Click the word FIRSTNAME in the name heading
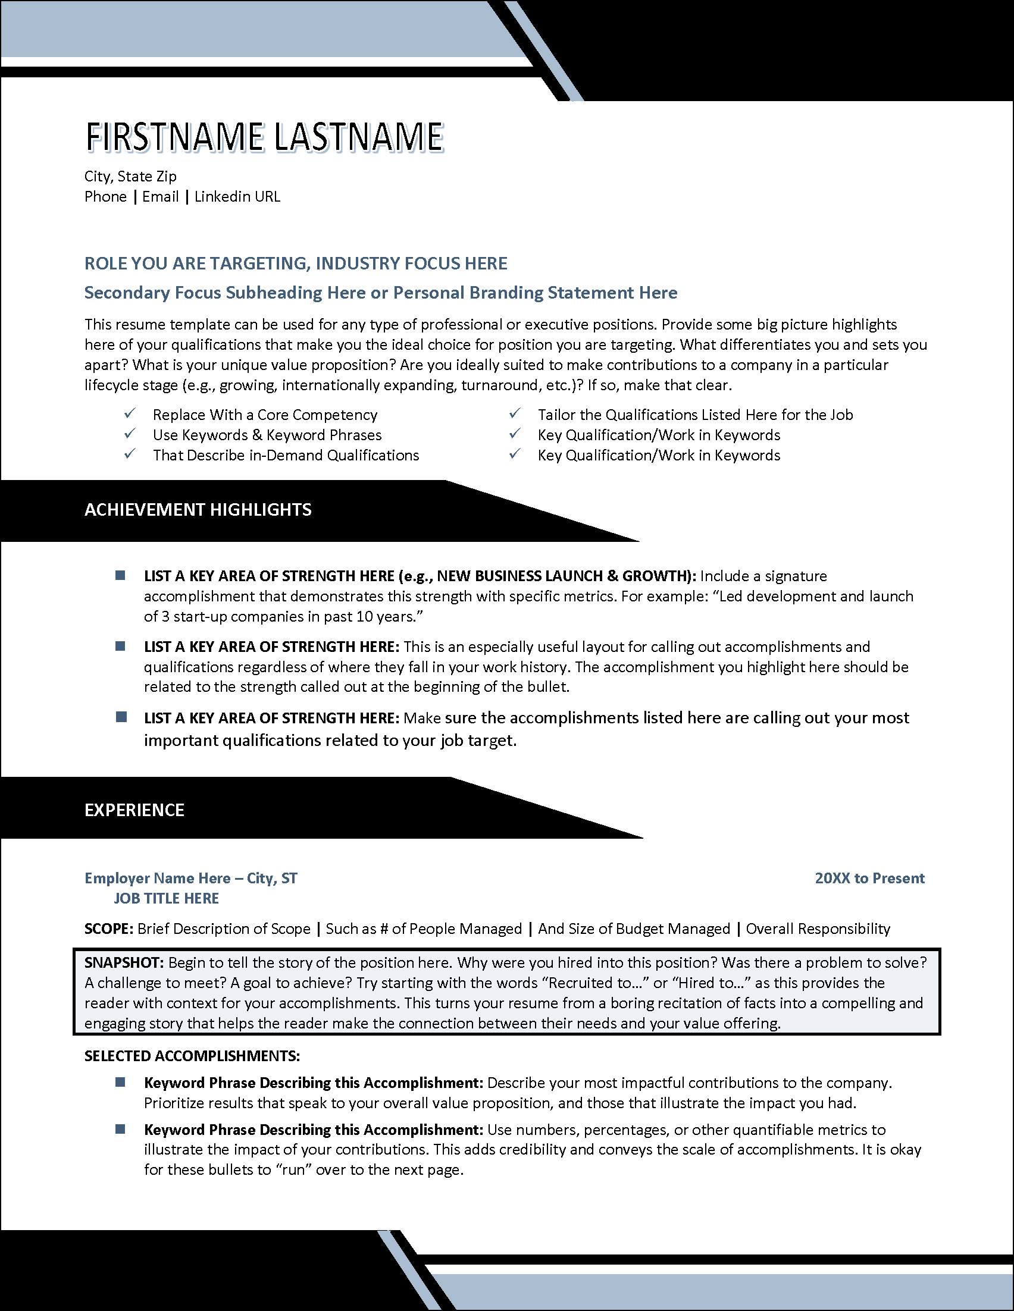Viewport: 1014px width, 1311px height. [x=175, y=137]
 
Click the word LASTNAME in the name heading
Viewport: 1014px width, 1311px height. [x=359, y=137]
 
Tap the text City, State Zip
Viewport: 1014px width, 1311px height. [x=130, y=177]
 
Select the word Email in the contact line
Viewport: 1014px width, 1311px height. [x=160, y=197]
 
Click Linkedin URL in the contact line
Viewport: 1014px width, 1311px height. [x=237, y=197]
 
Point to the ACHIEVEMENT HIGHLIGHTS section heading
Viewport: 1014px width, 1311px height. [x=198, y=510]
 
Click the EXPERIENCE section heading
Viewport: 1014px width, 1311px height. [x=134, y=810]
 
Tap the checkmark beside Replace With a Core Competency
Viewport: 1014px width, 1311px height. [x=130, y=413]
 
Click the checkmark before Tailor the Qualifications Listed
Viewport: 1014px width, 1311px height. [x=515, y=413]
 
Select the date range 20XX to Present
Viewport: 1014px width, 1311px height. [x=869, y=878]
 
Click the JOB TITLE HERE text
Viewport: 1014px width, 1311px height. [x=166, y=899]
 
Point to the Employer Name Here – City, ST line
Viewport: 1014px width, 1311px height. [x=191, y=878]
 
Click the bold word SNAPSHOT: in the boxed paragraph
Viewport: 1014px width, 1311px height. [x=124, y=963]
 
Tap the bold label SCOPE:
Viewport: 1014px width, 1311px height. [x=109, y=929]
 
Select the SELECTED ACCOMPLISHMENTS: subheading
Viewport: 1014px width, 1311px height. [x=192, y=1056]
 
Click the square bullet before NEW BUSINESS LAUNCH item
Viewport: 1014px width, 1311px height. [x=120, y=576]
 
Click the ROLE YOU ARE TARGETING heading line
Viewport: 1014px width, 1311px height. [x=295, y=264]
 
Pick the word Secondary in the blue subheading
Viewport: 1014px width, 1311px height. [x=127, y=293]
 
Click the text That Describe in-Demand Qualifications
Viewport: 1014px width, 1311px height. [x=286, y=456]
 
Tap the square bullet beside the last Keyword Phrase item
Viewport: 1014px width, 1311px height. [x=120, y=1129]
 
